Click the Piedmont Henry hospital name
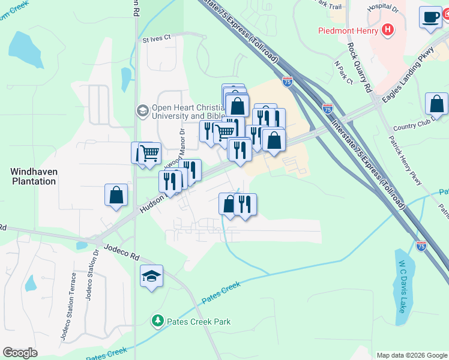[348, 30]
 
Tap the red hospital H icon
[388, 29]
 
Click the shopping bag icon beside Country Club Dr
[436, 103]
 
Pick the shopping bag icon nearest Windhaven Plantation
[116, 194]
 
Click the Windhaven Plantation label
[34, 176]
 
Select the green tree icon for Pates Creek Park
[158, 322]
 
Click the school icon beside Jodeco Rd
[152, 276]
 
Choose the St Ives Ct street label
[157, 38]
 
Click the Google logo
[20, 353]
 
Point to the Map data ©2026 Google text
[411, 355]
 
